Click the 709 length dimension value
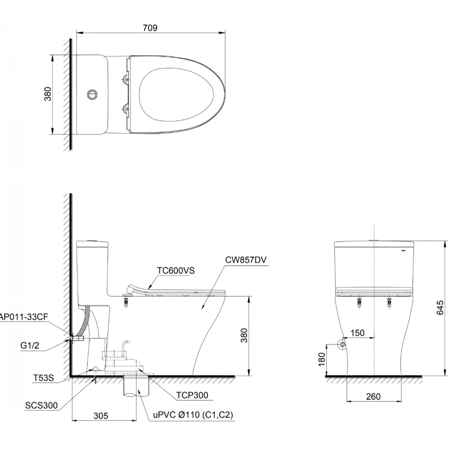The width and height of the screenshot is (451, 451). point(150,28)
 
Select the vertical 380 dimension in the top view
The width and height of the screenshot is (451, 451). point(48,94)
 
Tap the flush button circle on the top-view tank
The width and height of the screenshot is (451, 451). point(92,94)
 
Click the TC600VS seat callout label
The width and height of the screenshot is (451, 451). point(175,271)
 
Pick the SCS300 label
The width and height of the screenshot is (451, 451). point(41,405)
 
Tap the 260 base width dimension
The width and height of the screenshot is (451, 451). point(373,397)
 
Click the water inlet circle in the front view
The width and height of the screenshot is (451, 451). point(342,345)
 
